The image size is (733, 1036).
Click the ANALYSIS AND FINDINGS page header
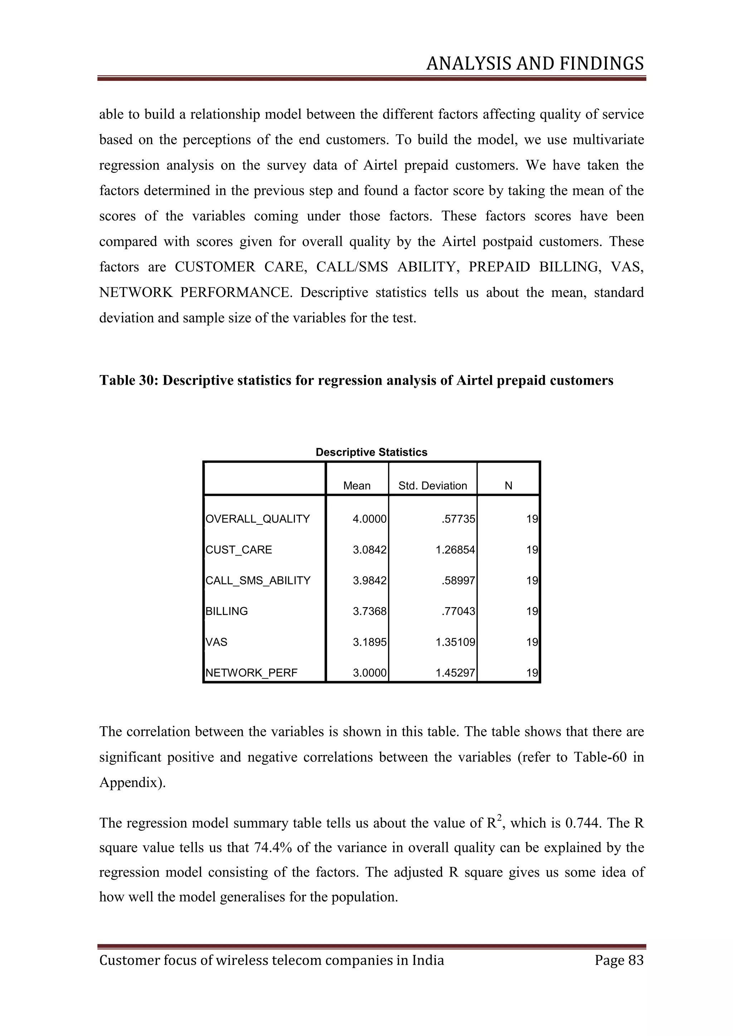tap(535, 64)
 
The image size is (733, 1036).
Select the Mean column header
tap(356, 485)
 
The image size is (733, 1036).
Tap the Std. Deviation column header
tap(432, 485)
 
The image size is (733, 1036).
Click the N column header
tap(508, 485)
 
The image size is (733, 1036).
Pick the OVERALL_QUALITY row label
tap(258, 519)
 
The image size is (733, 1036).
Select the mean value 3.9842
tap(370, 580)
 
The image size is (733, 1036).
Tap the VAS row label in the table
tap(217, 642)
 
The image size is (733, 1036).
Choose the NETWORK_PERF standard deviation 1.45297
tap(455, 673)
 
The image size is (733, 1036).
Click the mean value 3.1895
tap(370, 642)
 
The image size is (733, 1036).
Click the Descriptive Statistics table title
tap(371, 452)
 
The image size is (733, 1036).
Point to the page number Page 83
tap(619, 960)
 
